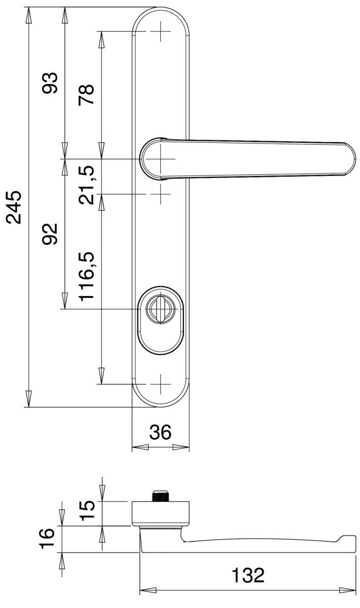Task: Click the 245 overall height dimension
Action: click(x=14, y=207)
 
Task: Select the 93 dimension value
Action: click(x=50, y=83)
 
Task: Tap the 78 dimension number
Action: click(x=86, y=95)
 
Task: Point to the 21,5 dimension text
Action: click(x=86, y=185)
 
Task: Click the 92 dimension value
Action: click(x=50, y=234)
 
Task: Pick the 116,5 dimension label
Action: click(x=86, y=277)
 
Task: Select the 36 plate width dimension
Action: click(x=160, y=432)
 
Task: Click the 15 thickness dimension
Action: click(x=88, y=510)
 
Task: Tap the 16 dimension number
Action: click(x=47, y=539)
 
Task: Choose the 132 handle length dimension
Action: click(x=248, y=575)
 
